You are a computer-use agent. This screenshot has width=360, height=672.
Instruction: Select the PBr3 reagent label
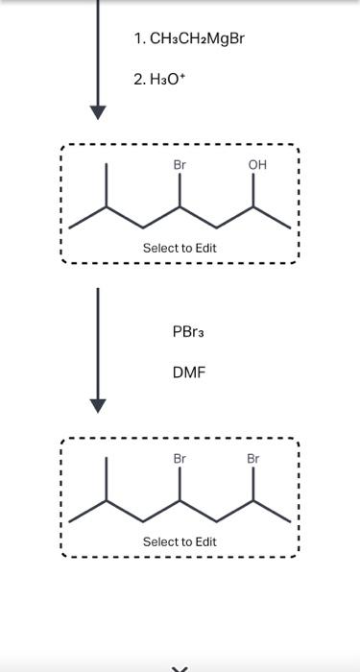[x=188, y=331]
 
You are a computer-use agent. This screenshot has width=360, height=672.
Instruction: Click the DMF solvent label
[x=189, y=371]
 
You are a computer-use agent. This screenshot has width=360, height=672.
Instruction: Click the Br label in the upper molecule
[x=180, y=165]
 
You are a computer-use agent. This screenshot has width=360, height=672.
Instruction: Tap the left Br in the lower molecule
[x=180, y=459]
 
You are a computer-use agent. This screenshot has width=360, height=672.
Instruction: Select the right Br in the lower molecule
[x=253, y=459]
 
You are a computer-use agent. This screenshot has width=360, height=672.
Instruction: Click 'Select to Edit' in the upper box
[x=180, y=248]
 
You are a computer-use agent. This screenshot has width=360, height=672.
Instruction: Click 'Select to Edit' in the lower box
[x=180, y=541]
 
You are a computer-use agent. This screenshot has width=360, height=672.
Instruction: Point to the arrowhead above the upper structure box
[x=97, y=110]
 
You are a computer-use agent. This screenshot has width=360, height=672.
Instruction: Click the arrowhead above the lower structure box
[x=97, y=405]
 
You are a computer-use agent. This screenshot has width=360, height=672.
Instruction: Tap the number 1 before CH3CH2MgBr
[x=139, y=39]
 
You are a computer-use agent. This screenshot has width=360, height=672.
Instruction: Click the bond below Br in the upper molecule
[x=180, y=190]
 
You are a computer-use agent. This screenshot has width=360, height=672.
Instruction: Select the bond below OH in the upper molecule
[x=254, y=190]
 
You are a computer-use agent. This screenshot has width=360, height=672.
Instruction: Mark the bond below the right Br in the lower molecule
[x=253, y=484]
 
